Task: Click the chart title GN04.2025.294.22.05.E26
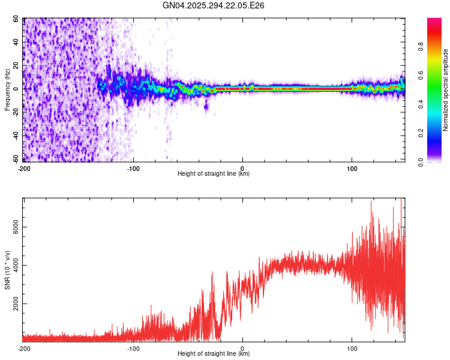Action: [214, 5]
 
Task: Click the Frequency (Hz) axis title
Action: [8, 89]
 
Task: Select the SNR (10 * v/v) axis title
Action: [8, 269]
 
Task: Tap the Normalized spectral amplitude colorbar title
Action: [446, 89]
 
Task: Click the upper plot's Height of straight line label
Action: [214, 173]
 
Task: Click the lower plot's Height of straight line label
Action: [214, 353]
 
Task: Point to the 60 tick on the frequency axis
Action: [16, 19]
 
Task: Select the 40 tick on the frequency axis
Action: [16, 42]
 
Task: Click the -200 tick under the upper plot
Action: [24, 167]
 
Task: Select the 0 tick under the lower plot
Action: [242, 347]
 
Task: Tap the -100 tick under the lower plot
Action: [133, 347]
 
